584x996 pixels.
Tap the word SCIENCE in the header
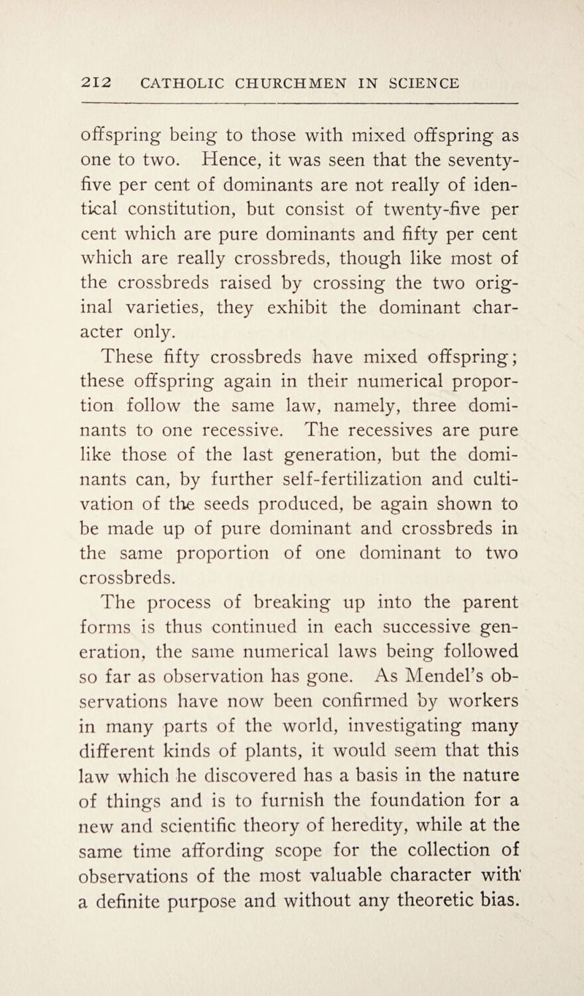(411, 83)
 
